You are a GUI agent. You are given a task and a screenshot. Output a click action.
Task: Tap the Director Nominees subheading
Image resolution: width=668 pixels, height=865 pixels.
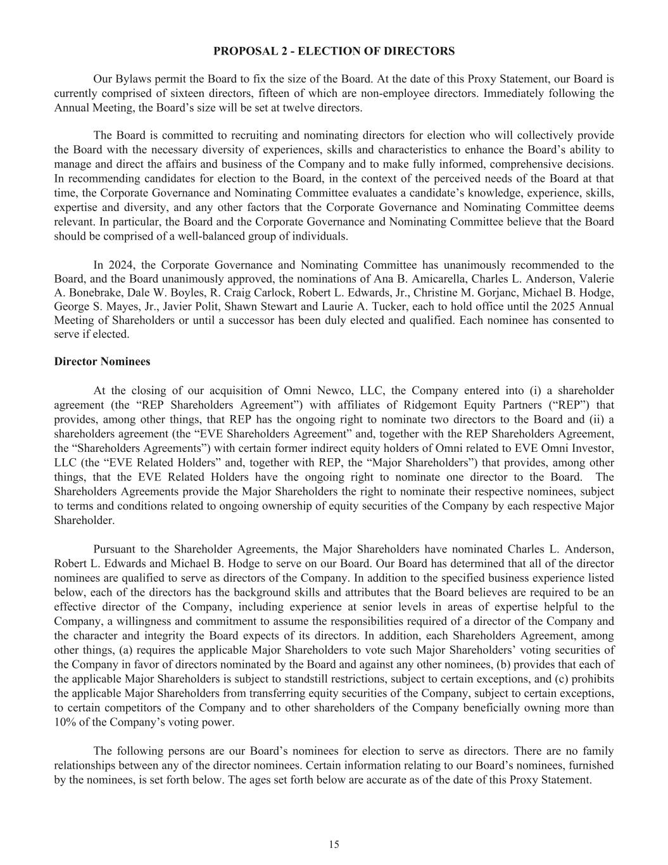(x=102, y=362)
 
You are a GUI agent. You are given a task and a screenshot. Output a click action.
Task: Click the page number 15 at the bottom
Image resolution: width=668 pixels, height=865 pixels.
(x=334, y=844)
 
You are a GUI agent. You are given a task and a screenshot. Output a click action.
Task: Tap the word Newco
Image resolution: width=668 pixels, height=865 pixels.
(x=324, y=390)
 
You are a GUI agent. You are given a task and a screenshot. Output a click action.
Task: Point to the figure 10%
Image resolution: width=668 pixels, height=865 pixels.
(x=65, y=722)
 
